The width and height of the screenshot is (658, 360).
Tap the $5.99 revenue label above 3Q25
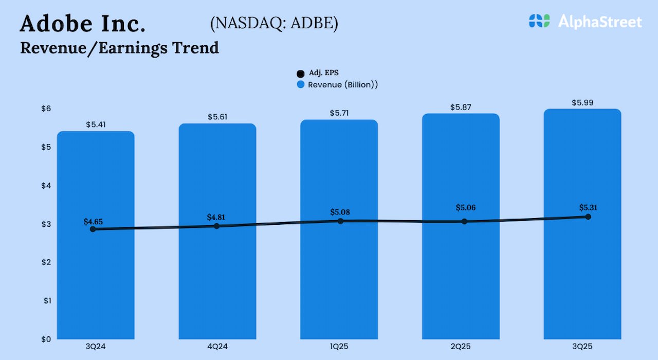(x=582, y=103)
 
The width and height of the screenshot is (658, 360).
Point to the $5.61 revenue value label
(x=217, y=117)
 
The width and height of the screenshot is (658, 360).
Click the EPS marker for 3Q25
(x=588, y=217)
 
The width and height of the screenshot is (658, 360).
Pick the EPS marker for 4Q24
(x=216, y=226)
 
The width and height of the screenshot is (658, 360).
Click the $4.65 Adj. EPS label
(x=94, y=222)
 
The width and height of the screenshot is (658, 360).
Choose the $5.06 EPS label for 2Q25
(x=466, y=208)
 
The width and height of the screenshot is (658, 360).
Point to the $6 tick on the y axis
(x=46, y=109)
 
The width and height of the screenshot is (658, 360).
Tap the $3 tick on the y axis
(x=46, y=224)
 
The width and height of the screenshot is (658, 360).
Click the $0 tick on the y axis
(x=46, y=339)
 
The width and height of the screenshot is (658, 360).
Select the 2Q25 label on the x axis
(x=461, y=347)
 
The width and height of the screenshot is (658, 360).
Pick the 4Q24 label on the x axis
(x=217, y=347)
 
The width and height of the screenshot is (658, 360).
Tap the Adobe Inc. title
(x=82, y=24)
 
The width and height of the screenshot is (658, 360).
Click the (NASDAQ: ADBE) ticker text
(x=273, y=24)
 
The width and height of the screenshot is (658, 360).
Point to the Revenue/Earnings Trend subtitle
(x=119, y=48)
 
